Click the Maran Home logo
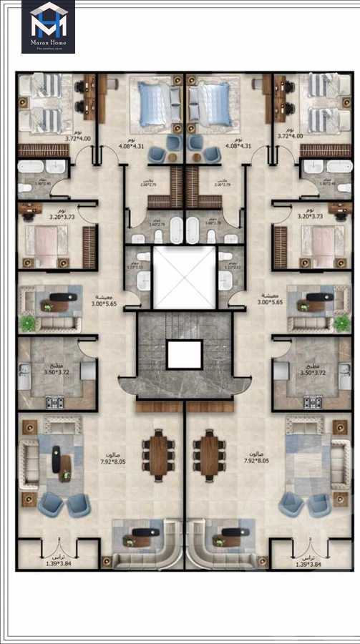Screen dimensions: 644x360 [48, 26]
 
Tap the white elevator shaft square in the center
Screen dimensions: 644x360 [185, 277]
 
